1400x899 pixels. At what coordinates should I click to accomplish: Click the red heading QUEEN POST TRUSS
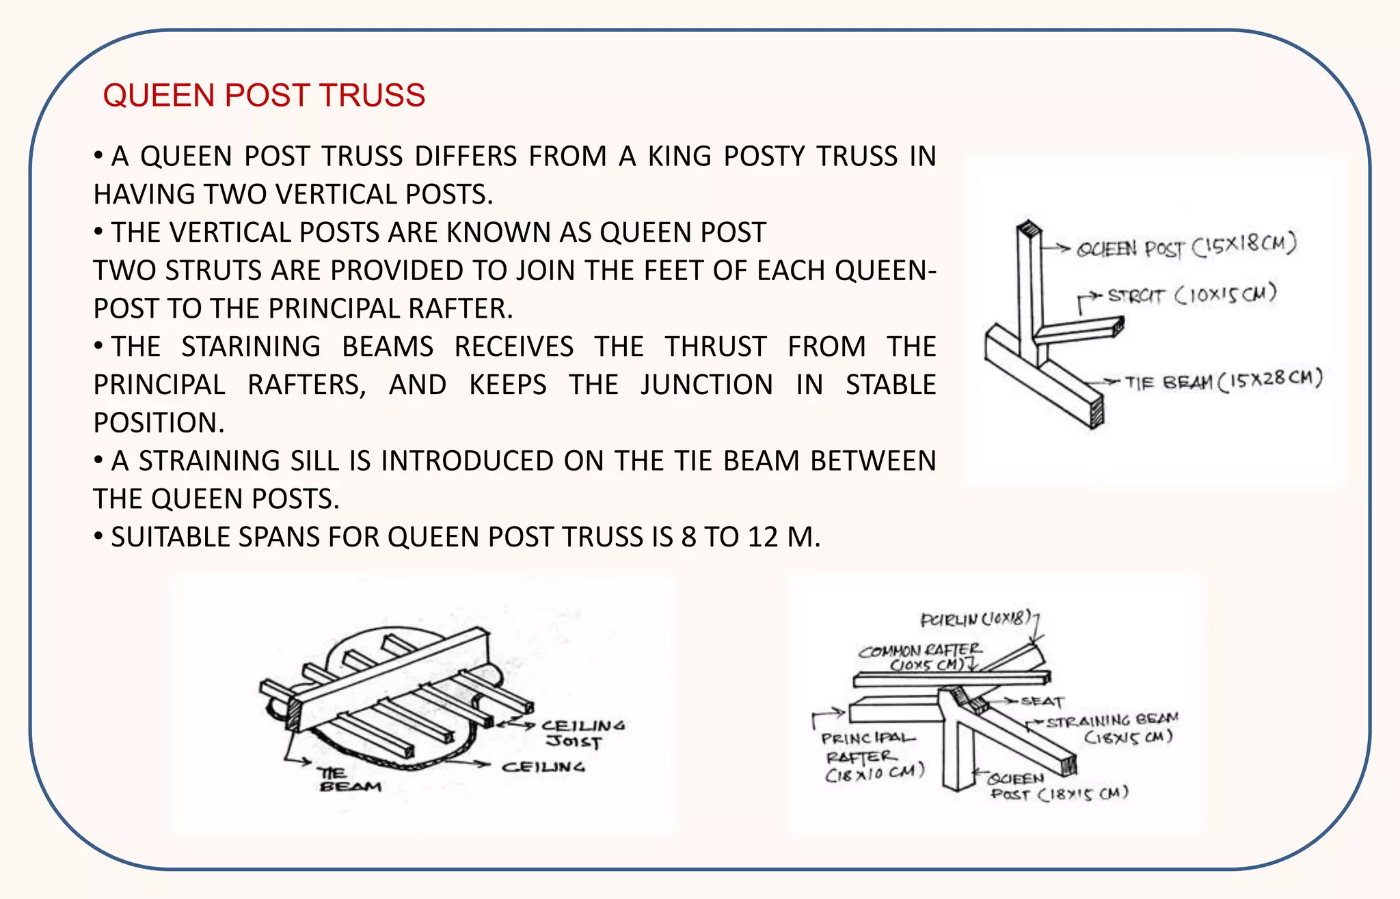pos(264,95)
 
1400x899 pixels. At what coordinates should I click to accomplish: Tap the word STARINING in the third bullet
pos(251,346)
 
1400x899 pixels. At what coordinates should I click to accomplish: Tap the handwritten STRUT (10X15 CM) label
pos(1192,295)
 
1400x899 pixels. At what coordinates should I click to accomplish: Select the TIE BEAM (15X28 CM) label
pos(1224,381)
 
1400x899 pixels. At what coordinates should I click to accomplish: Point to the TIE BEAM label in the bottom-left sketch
pos(349,780)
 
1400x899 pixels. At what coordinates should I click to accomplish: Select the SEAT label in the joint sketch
pos(1042,702)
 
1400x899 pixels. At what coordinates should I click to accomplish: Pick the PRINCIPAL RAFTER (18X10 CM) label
pos(872,756)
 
